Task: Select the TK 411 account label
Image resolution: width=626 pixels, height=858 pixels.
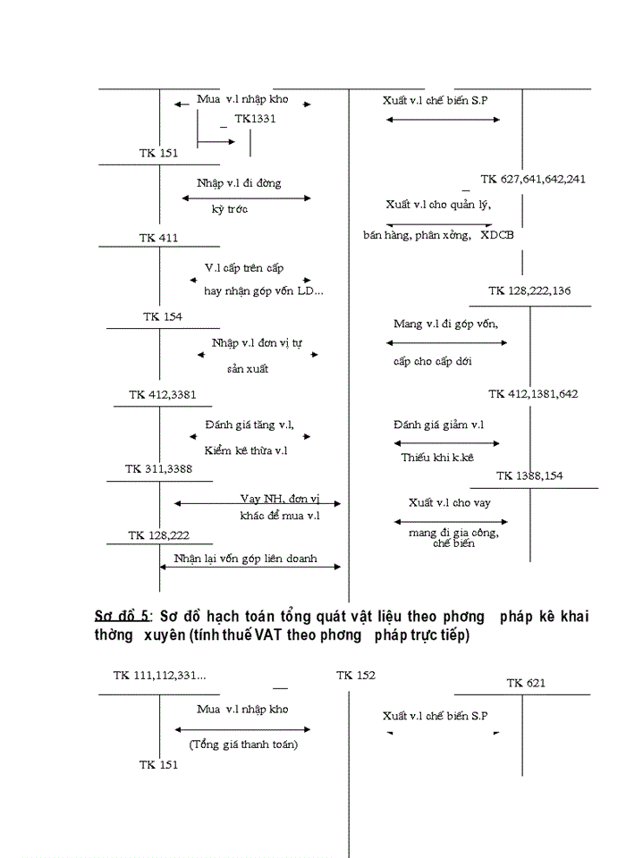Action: [x=158, y=238]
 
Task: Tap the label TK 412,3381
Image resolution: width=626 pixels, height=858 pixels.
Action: [x=162, y=394]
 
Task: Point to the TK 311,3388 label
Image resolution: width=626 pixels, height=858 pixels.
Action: [x=158, y=468]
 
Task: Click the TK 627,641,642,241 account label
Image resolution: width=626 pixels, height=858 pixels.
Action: [x=533, y=179]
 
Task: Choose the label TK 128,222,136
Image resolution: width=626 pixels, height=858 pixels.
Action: [x=529, y=290]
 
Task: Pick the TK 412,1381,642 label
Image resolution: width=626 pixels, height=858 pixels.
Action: [x=533, y=394]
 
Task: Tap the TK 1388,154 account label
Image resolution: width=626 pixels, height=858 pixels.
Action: [x=529, y=475]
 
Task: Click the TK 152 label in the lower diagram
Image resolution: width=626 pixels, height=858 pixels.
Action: [x=356, y=676]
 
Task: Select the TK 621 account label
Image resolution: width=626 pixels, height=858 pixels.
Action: [x=526, y=683]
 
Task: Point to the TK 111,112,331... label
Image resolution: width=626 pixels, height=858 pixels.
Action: [x=159, y=676]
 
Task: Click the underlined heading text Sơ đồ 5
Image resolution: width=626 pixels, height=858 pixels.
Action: [x=123, y=618]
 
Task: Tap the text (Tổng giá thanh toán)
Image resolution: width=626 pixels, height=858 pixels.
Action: [x=243, y=744]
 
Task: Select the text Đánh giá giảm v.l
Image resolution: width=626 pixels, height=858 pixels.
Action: [x=438, y=425]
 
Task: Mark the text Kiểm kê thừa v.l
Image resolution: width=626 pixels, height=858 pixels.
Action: [x=246, y=450]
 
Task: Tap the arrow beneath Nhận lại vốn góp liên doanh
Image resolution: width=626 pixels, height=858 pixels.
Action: [x=250, y=566]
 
